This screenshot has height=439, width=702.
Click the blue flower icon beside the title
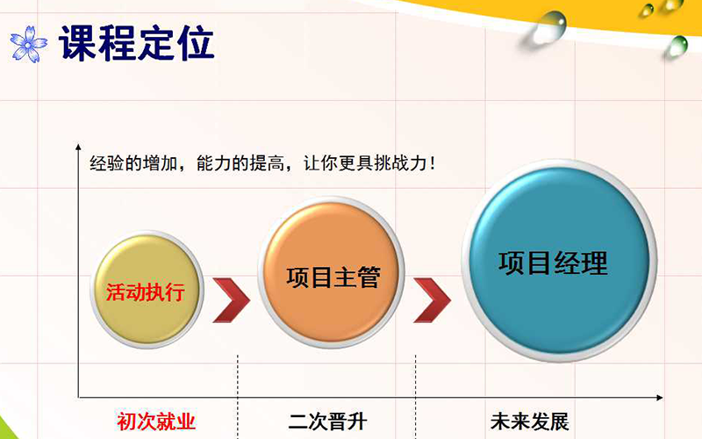29,44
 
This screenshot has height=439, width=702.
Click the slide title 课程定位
137,43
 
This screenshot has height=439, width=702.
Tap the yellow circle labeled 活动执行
147,290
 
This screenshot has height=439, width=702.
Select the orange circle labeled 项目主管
332,272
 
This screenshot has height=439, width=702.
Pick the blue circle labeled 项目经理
559,261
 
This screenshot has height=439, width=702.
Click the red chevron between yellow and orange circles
231,300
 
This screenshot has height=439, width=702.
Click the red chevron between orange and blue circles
432,300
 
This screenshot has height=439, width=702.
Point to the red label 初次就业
156,421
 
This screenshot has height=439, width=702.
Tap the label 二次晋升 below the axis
327,421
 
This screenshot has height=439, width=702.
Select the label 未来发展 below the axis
530,421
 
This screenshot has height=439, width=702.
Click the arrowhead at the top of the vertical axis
78,147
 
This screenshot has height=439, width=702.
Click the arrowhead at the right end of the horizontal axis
660,398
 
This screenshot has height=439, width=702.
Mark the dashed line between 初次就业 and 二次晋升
238,397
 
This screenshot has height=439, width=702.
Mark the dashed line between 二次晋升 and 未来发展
415,397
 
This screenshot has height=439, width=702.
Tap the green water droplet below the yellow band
677,47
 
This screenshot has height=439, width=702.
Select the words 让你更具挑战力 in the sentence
365,163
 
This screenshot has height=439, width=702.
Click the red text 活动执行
146,292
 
